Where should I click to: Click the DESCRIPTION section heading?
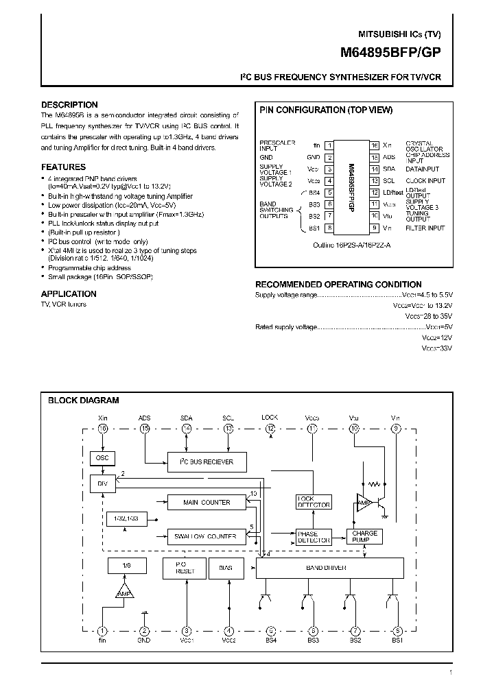[69, 105]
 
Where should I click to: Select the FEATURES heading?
[64, 167]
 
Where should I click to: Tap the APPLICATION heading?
[69, 294]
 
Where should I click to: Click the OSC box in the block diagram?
[102, 458]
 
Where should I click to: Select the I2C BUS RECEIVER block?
[207, 462]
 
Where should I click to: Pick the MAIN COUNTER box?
[207, 502]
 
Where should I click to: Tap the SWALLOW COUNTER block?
[207, 536]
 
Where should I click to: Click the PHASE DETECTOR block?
[313, 537]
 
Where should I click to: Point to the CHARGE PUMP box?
[364, 536]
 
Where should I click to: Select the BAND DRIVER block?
[326, 567]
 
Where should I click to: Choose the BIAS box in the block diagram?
[226, 568]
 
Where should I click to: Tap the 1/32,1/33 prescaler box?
[123, 519]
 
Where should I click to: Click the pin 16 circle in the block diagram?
[103, 429]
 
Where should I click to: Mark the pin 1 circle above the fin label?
[102, 631]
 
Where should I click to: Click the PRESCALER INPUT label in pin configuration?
[277, 145]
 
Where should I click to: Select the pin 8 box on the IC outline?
[330, 228]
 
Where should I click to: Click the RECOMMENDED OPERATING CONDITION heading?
[338, 284]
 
